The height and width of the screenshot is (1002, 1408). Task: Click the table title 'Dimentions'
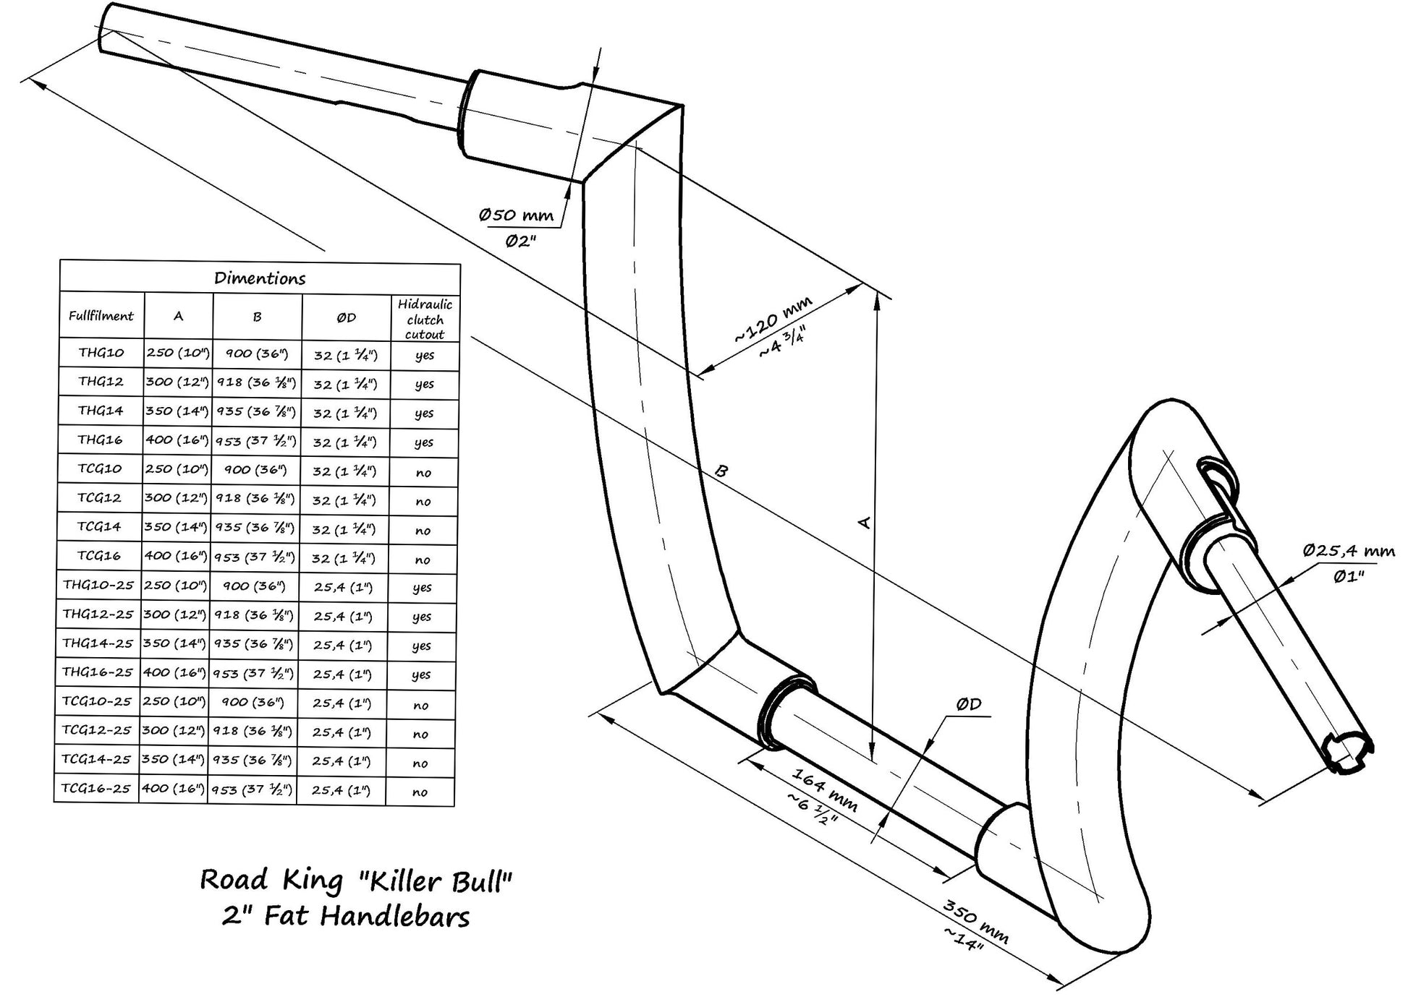(260, 278)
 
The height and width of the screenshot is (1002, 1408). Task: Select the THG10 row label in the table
(101, 353)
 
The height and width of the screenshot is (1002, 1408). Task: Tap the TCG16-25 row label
(96, 788)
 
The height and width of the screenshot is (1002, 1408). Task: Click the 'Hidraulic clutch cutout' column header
(425, 319)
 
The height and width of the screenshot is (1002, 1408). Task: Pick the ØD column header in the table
(346, 317)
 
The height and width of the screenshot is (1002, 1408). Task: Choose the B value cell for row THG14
(256, 411)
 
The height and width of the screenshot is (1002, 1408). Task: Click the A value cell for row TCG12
(176, 498)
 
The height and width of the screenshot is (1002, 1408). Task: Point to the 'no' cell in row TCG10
(423, 473)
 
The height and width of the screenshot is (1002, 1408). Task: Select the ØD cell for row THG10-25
(343, 587)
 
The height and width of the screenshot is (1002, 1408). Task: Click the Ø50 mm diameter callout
(516, 215)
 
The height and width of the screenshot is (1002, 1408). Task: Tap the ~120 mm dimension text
(773, 319)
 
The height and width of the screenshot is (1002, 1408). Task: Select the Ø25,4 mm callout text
(1349, 551)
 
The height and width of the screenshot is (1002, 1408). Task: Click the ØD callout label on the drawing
(968, 704)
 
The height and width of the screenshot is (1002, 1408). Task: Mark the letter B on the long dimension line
(721, 471)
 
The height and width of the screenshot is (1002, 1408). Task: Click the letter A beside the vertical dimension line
(864, 522)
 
